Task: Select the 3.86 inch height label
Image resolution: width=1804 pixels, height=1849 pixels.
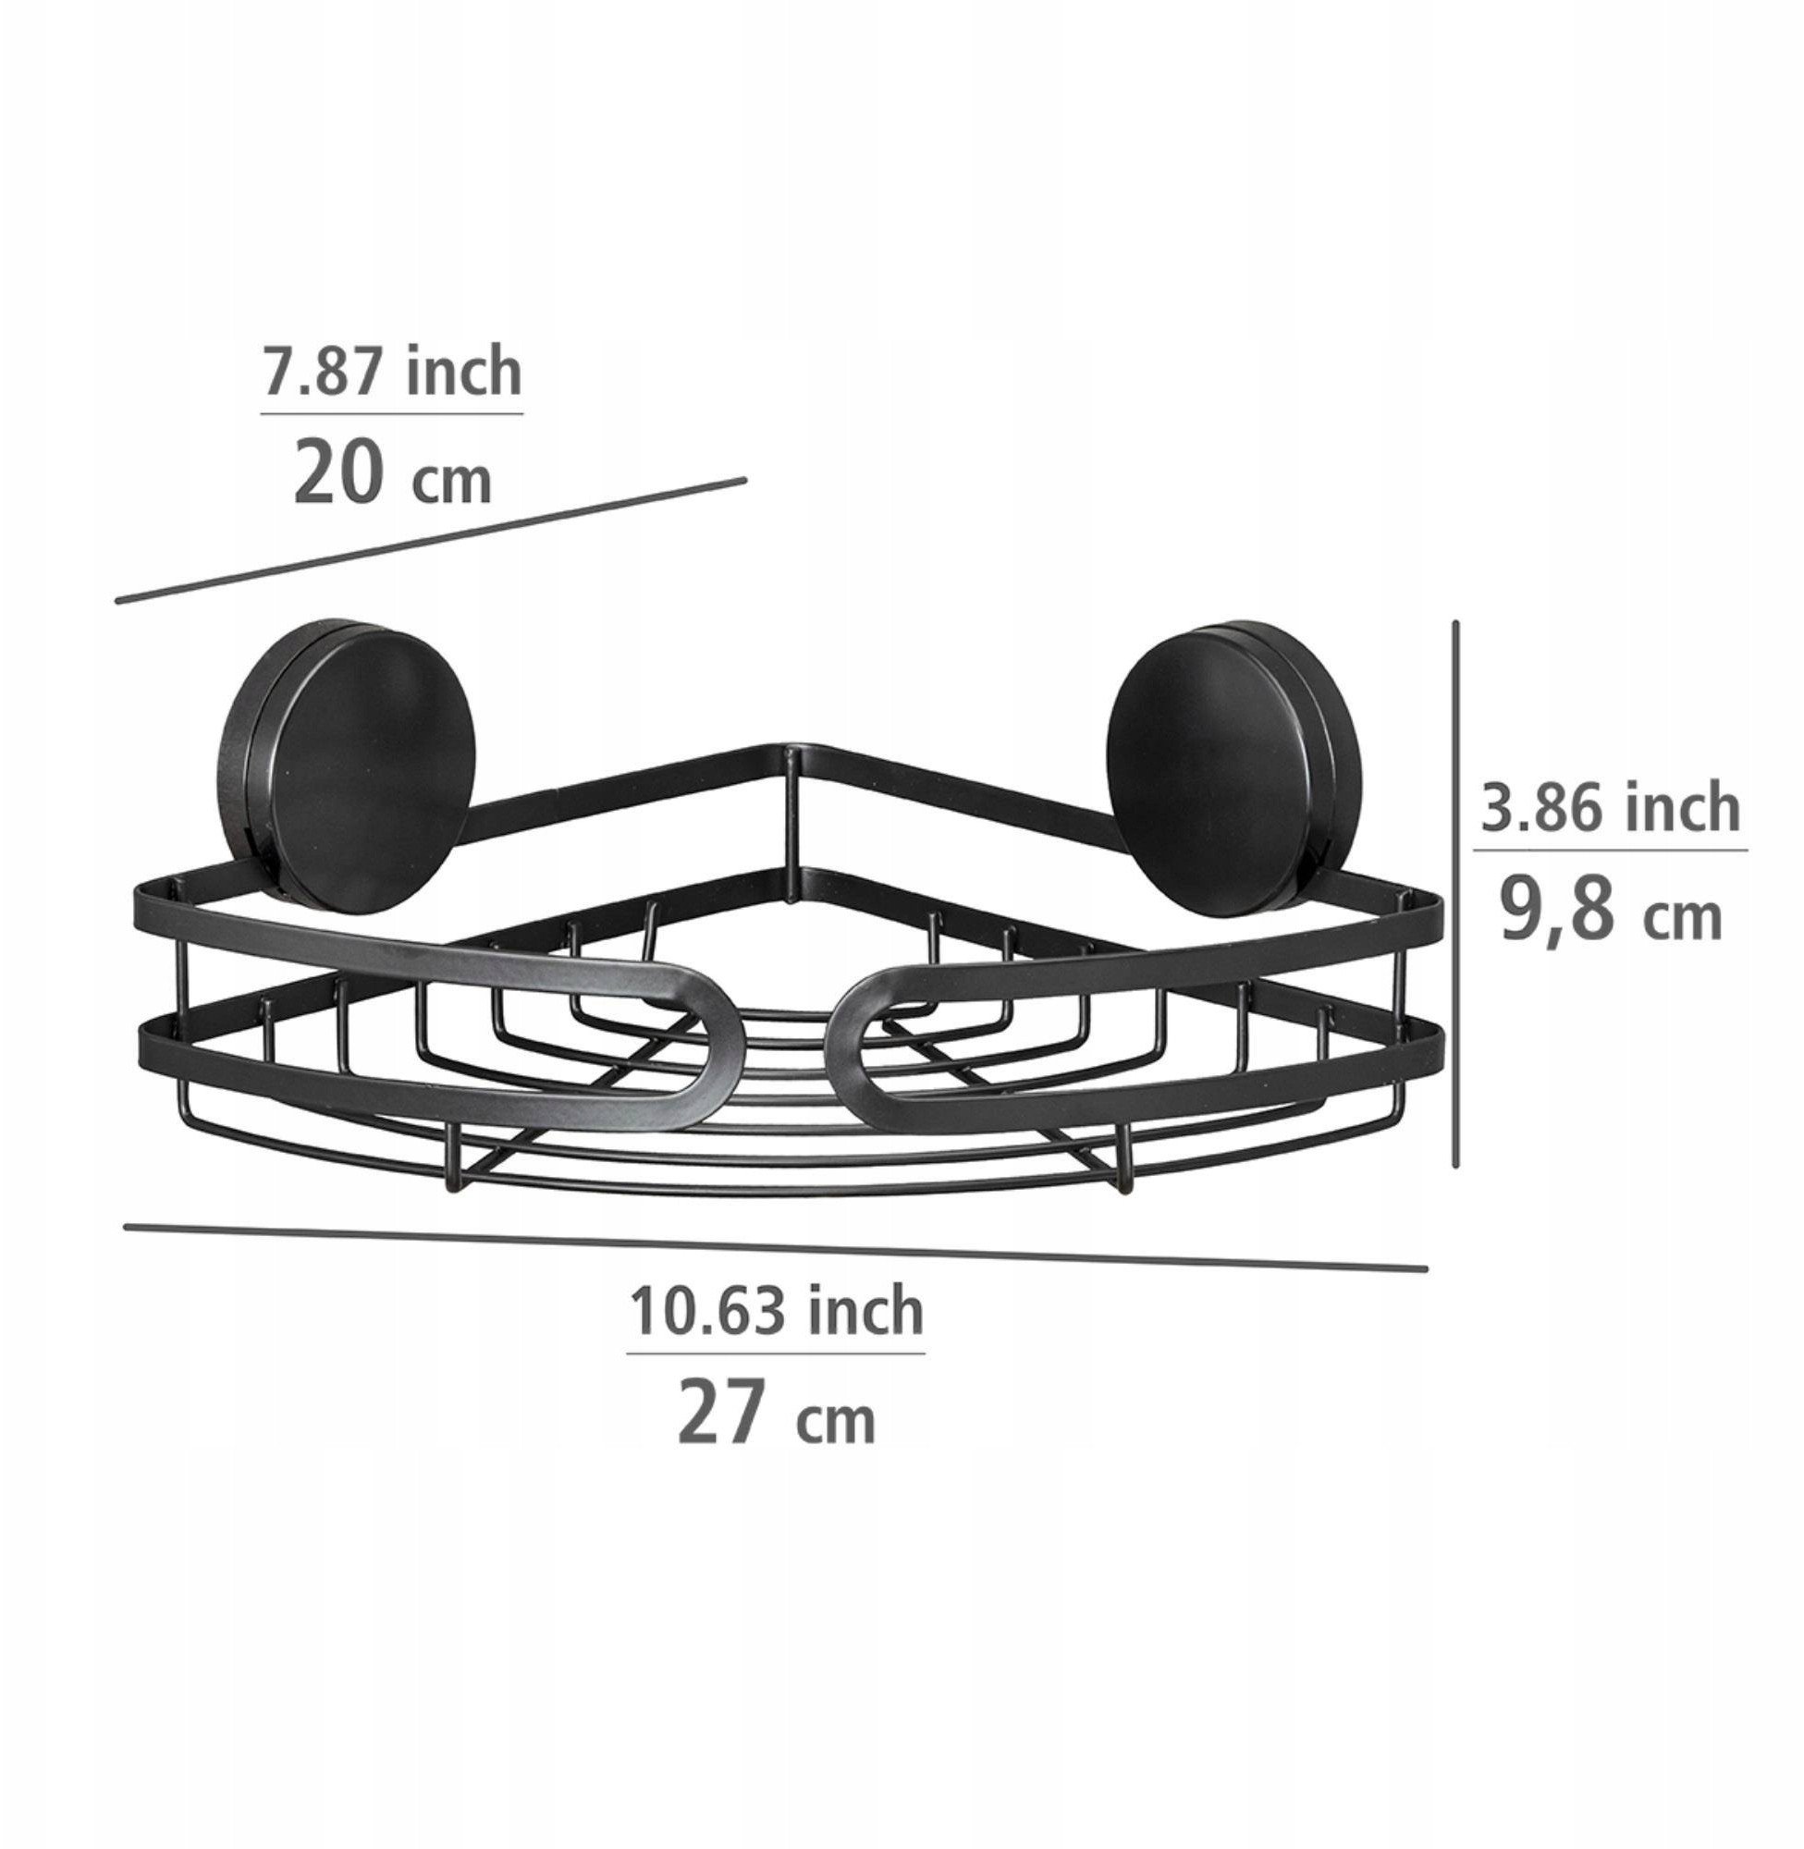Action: click(1611, 807)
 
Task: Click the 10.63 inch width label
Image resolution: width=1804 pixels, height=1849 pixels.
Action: click(776, 1310)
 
